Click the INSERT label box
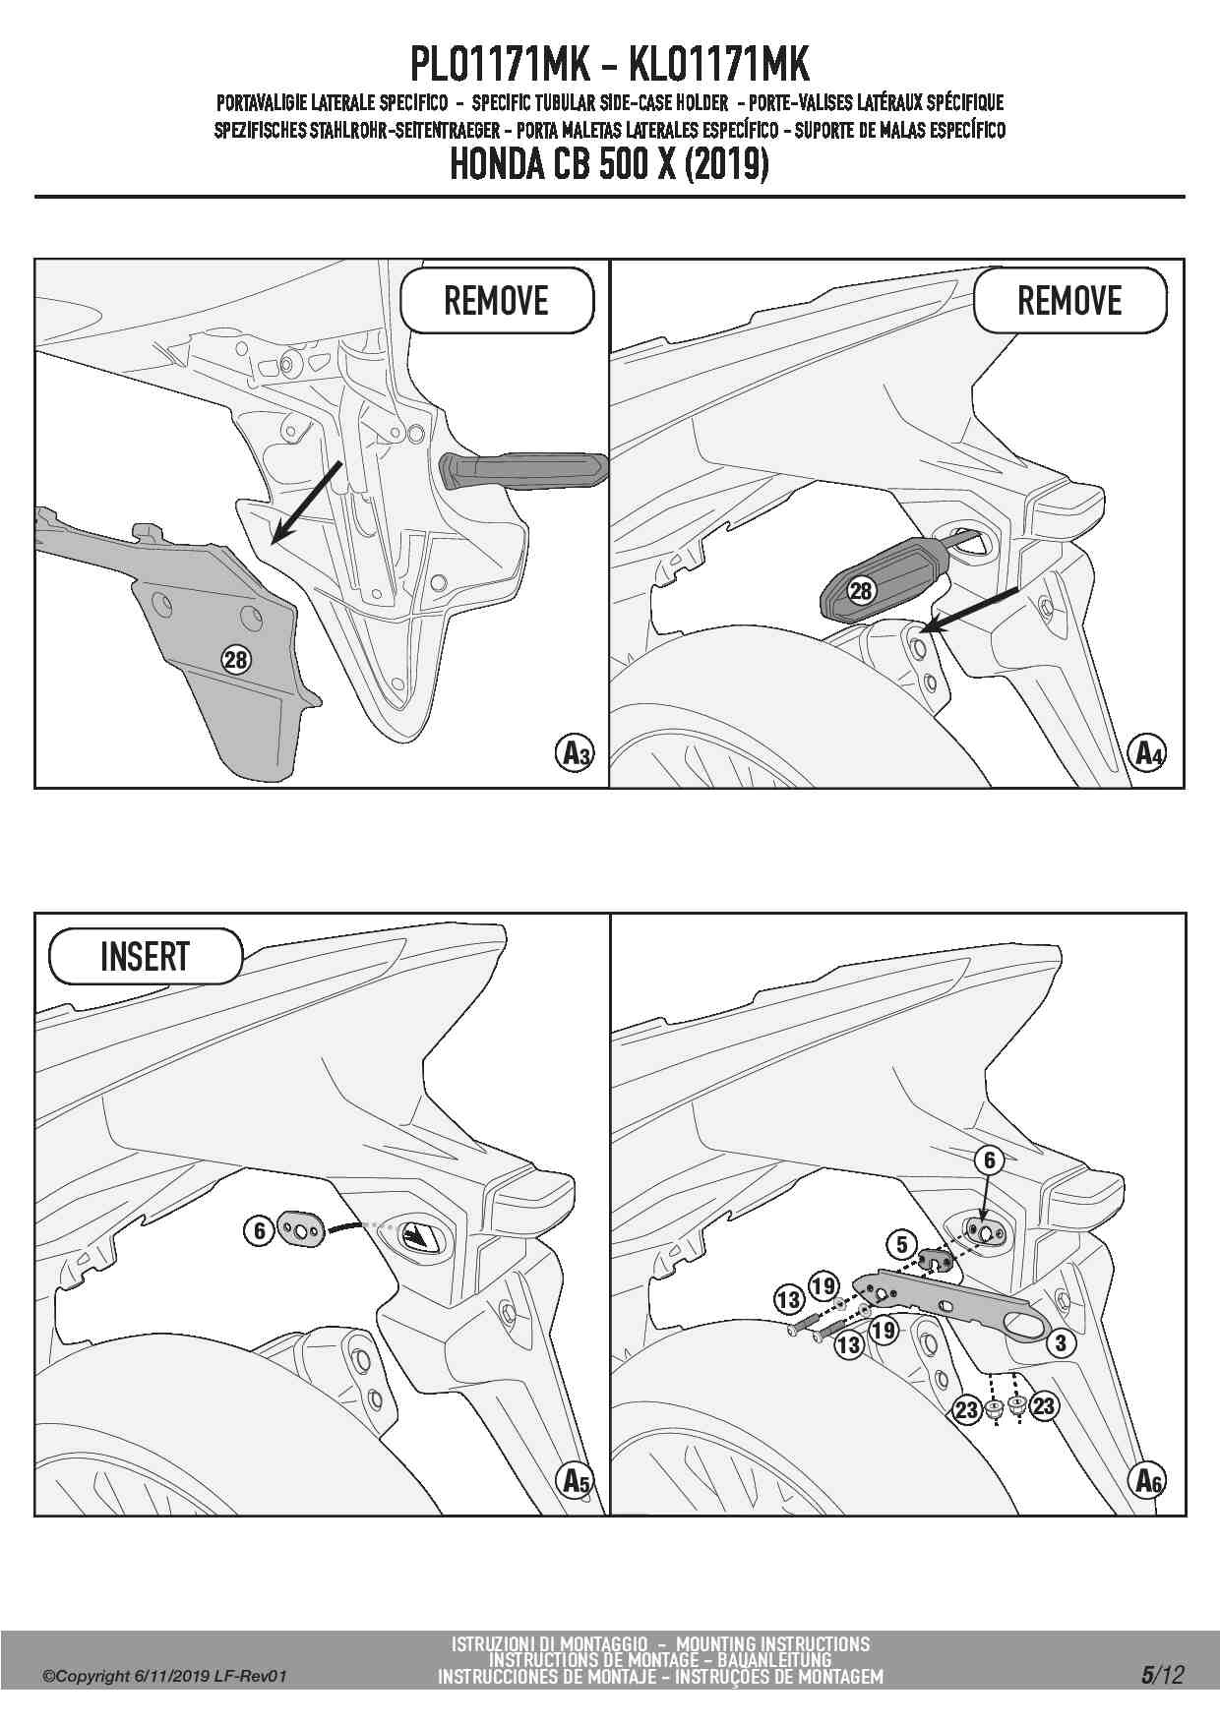(145, 956)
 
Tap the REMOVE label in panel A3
(496, 300)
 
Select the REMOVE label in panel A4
(1069, 300)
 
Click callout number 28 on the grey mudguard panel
(236, 658)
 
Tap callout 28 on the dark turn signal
(861, 590)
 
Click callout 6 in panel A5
(259, 1230)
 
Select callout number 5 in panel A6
(902, 1244)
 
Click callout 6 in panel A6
(990, 1160)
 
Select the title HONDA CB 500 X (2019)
(609, 164)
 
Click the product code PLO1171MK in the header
(499, 65)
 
